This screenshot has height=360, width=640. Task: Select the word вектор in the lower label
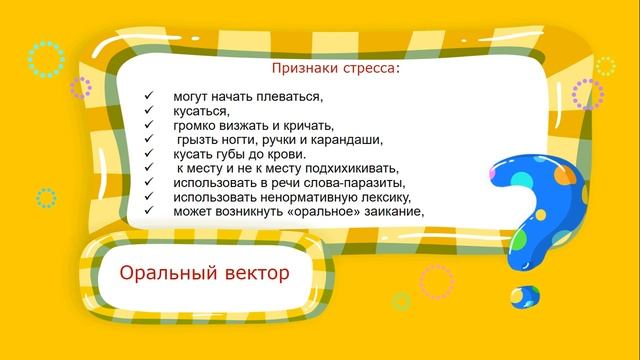(255, 272)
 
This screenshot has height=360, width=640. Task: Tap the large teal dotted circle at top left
(46, 59)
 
